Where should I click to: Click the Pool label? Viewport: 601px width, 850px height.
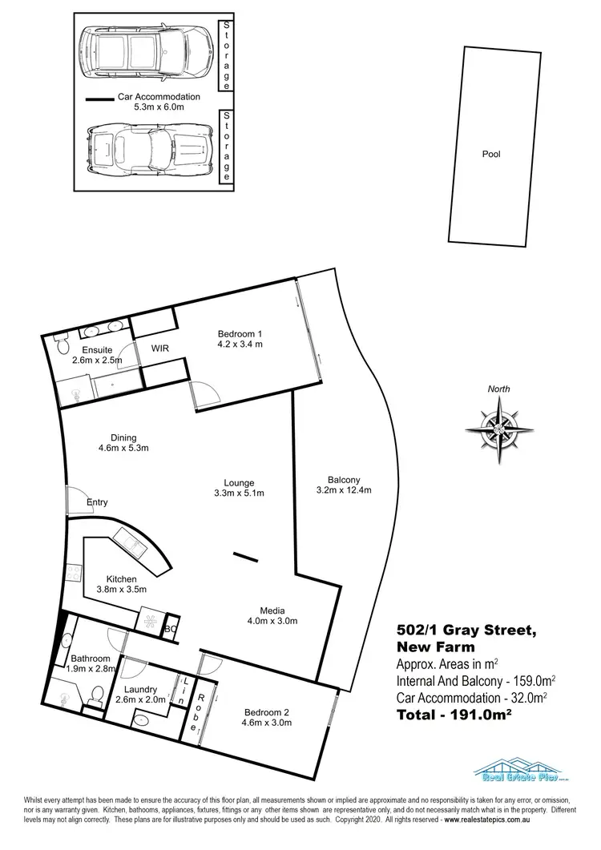(490, 154)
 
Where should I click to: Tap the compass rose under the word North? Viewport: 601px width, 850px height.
(499, 429)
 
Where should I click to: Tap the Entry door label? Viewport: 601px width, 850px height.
(97, 502)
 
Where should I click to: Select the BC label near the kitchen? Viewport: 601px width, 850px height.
(169, 630)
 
